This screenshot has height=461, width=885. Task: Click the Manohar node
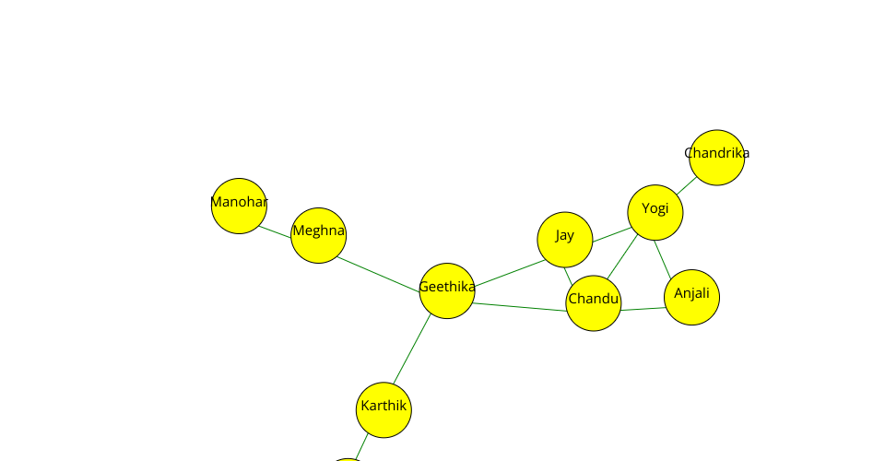point(239,206)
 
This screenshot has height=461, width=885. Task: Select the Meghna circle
point(318,235)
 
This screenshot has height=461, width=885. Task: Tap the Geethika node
point(447,291)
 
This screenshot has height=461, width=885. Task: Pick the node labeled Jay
point(564,240)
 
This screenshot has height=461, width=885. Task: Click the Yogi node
point(655,212)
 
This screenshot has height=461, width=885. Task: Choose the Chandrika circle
point(716,157)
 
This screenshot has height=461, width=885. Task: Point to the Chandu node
point(594,302)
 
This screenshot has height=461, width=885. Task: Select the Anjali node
point(691,298)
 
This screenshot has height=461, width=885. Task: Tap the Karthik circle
point(383,409)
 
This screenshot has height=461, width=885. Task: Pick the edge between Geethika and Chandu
point(521,307)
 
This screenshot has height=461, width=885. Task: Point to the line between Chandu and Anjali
point(643,309)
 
